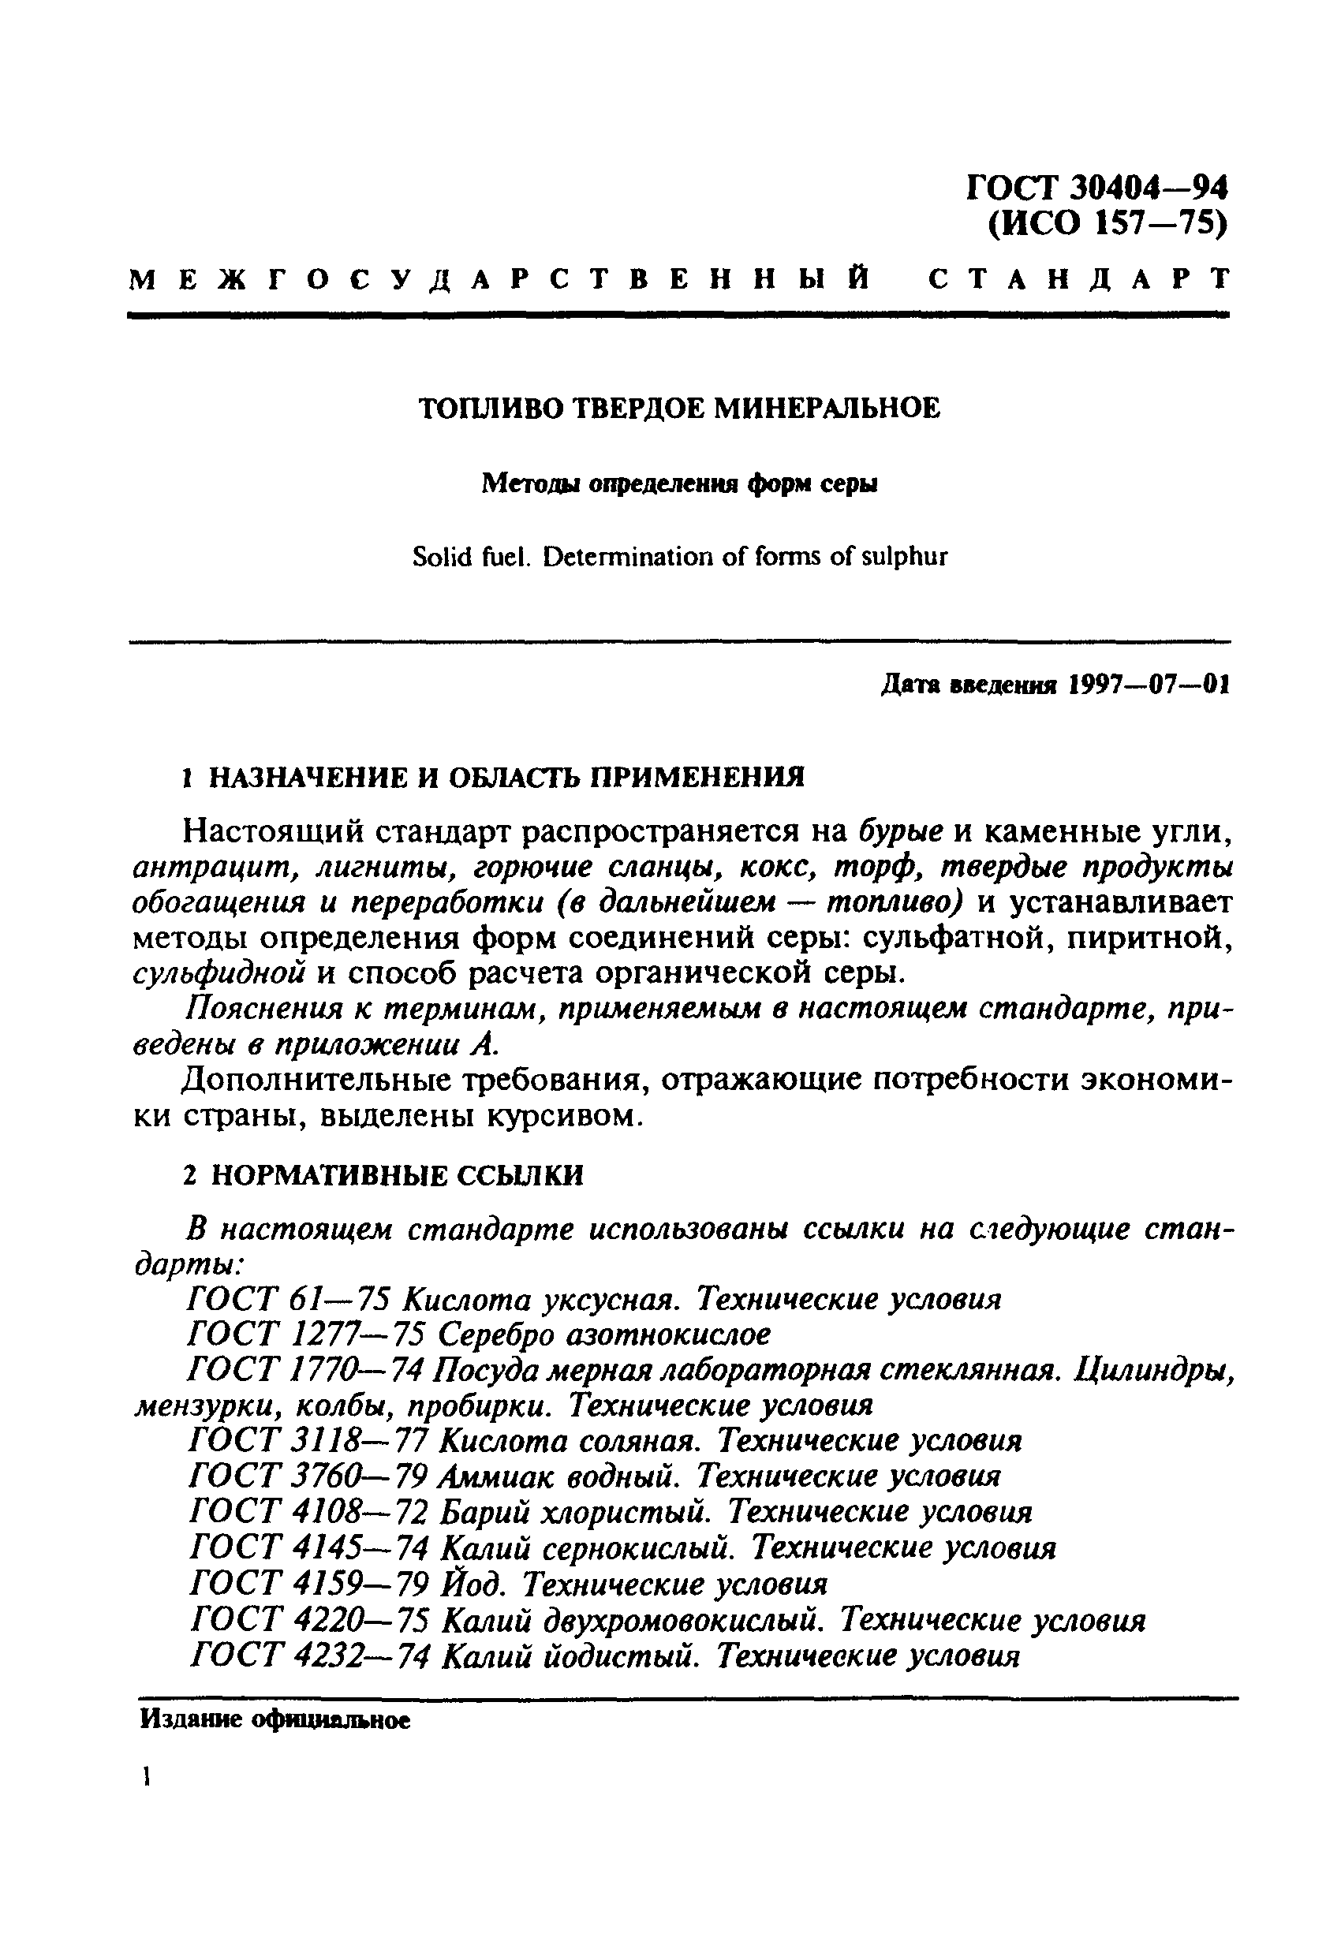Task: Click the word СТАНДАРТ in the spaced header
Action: click(x=1078, y=279)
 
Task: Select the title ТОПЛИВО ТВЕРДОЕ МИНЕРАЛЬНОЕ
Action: click(x=679, y=409)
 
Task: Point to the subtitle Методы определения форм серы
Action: click(x=679, y=484)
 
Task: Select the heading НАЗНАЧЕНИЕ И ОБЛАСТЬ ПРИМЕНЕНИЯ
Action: click(x=506, y=776)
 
